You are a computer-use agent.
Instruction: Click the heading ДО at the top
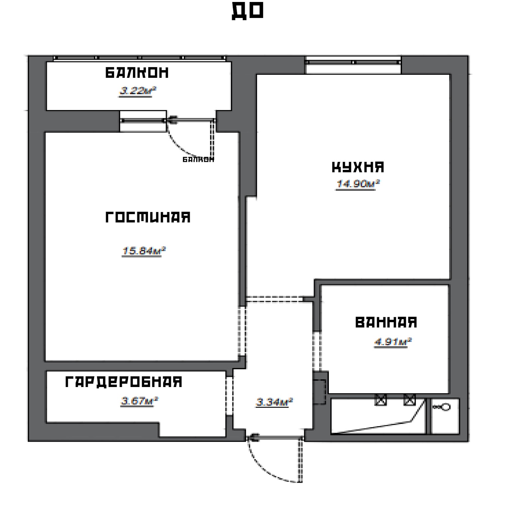247,11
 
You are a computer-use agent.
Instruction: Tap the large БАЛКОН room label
137,72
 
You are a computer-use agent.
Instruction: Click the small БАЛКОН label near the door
198,160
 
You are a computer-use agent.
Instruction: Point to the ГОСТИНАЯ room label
148,217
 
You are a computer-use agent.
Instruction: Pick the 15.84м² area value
144,250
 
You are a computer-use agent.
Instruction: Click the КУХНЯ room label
358,167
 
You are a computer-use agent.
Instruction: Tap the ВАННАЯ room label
386,323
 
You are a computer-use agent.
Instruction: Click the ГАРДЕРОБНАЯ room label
124,382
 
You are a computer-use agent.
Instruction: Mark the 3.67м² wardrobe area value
139,400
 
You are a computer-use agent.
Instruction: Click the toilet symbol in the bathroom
442,407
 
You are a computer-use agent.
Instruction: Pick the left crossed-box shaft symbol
381,400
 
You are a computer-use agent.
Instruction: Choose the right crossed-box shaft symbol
410,400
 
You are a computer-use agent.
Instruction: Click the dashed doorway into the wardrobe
229,396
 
